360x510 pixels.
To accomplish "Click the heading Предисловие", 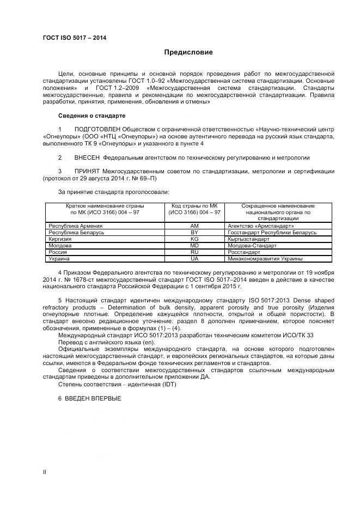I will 188,52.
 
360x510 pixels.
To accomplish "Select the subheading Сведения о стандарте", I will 91,116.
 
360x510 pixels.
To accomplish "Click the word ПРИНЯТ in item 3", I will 87,171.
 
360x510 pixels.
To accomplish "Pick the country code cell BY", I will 194,233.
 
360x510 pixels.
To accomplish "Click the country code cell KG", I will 194,239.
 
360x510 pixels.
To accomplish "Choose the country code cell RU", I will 194,252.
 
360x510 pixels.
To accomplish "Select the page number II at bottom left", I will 45,472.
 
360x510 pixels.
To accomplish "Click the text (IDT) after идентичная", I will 167,384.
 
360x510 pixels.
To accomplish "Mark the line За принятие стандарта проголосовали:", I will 113,192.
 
